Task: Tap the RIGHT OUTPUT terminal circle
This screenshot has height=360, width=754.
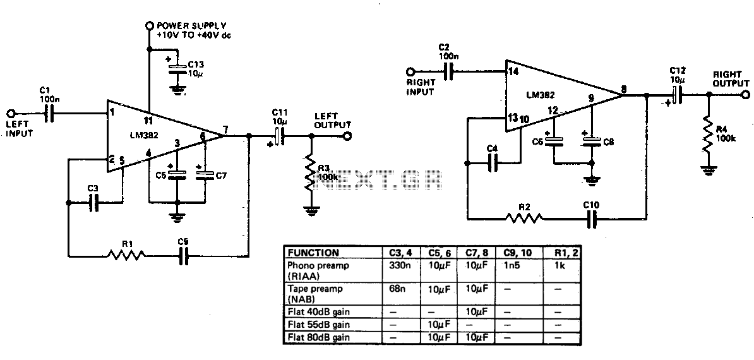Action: pyautogui.click(x=745, y=95)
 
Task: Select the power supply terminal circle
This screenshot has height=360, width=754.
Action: pyautogui.click(x=149, y=24)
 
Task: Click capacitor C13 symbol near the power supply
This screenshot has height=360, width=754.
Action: pyautogui.click(x=177, y=66)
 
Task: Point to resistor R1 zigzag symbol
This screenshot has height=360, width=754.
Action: pyautogui.click(x=126, y=256)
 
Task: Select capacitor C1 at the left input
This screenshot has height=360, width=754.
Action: pyautogui.click(x=49, y=114)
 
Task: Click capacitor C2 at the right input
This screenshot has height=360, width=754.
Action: pyautogui.click(x=448, y=72)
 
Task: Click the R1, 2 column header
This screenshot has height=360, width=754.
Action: pyautogui.click(x=561, y=253)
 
